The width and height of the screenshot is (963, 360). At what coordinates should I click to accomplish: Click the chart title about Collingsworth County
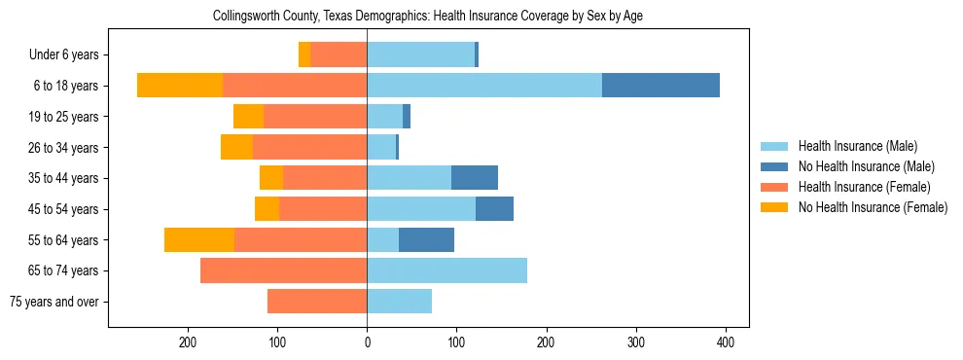[x=428, y=16]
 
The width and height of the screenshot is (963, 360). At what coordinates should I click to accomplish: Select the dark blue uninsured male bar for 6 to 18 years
[x=660, y=86]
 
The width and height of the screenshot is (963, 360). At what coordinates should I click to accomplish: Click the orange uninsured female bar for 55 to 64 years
[x=199, y=239]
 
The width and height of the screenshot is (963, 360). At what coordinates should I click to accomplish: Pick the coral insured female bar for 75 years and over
[x=317, y=302]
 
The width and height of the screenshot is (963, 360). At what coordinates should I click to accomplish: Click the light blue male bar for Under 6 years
[x=420, y=54]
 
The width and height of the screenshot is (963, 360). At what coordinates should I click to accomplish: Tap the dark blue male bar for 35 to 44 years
[x=475, y=178]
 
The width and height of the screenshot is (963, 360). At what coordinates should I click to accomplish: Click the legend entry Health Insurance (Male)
[x=857, y=146]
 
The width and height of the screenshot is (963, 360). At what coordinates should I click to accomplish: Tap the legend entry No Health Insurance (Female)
[x=872, y=207]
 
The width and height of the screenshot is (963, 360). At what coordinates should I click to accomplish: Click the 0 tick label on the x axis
[x=367, y=342]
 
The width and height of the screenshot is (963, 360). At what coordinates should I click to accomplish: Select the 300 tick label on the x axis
[x=635, y=342]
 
